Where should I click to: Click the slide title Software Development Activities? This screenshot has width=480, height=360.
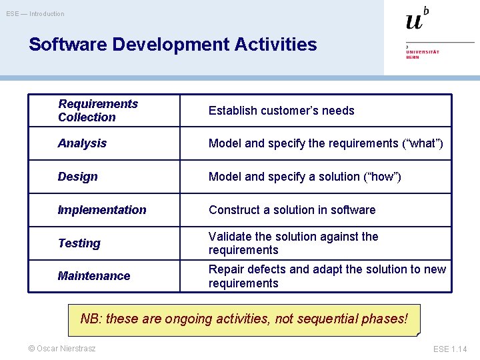(173, 45)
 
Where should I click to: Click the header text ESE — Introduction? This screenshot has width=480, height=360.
(35, 14)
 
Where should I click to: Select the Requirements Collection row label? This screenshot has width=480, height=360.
(97, 111)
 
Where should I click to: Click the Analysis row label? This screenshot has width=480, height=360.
(82, 143)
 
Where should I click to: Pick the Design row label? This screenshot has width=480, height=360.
(77, 177)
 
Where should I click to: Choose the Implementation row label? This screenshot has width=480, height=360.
(102, 210)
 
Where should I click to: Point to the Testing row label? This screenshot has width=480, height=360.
(79, 243)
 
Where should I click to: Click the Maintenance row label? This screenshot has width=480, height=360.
(94, 276)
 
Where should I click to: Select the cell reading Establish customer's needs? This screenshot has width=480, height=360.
(281, 111)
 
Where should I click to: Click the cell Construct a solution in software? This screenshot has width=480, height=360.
(292, 210)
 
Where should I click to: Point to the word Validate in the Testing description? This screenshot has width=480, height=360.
(229, 237)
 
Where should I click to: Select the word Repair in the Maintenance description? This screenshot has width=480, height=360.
(225, 269)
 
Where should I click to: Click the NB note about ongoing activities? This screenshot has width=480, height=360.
(243, 319)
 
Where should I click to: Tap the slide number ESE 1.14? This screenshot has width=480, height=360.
(450, 349)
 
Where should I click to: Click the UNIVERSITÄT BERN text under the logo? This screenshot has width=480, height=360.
(423, 54)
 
